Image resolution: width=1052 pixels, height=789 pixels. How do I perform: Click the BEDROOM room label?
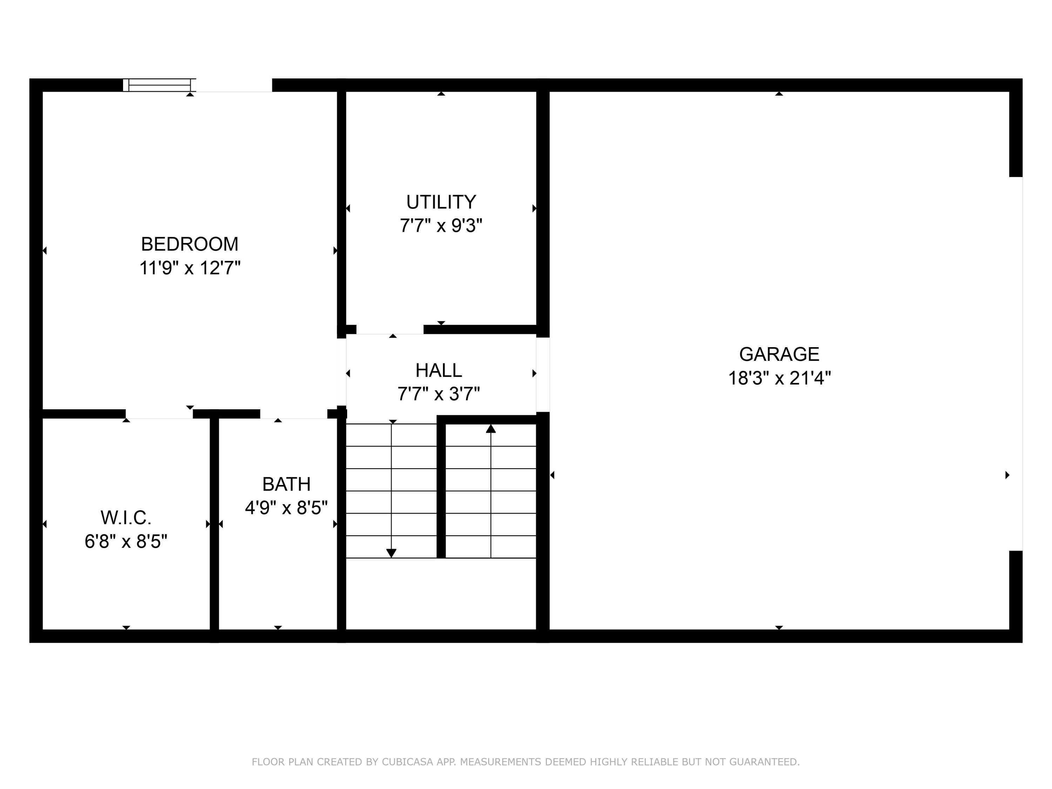coord(189,244)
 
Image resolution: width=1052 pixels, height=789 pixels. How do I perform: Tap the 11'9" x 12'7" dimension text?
coord(189,268)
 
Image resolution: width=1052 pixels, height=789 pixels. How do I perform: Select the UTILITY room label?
coord(441,202)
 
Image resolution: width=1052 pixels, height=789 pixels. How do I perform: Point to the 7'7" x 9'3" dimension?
coord(441,226)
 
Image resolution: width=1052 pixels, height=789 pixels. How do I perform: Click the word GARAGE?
coord(779,354)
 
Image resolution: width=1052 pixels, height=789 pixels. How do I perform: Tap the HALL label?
coord(438,371)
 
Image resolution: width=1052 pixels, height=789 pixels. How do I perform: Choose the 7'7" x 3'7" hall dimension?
coord(438,394)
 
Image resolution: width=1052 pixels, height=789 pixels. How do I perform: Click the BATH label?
coord(286,484)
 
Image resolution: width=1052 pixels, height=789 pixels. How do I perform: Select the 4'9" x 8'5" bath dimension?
coord(286,508)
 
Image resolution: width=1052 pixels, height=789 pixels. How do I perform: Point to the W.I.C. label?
coord(126,518)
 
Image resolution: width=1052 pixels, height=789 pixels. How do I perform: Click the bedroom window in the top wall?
coord(159,85)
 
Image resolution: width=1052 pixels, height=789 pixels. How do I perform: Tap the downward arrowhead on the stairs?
coord(391,553)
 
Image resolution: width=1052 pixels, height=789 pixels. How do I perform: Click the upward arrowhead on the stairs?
coord(491,429)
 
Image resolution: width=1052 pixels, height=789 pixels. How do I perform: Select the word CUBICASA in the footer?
coord(407,762)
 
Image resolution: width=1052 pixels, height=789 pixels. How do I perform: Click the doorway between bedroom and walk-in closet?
coord(159,414)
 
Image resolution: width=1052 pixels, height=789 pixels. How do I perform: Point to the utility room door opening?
coord(390,330)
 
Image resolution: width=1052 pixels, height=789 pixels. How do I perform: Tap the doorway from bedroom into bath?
coord(294,414)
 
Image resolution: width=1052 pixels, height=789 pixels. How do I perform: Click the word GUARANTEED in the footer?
coord(764,762)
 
